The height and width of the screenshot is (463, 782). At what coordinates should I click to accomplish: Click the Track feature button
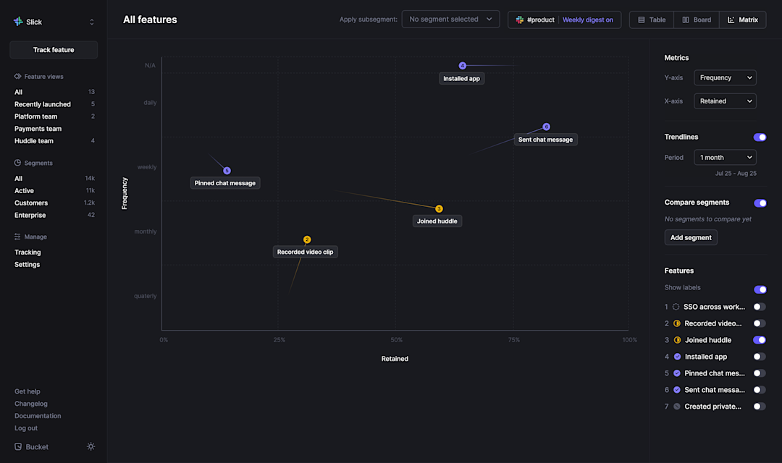pyautogui.click(x=54, y=50)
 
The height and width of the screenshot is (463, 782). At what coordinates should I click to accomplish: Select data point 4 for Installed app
pyautogui.click(x=462, y=66)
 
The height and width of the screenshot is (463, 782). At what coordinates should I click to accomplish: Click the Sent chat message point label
pyautogui.click(x=545, y=140)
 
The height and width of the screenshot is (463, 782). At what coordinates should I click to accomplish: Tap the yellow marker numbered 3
pyautogui.click(x=439, y=208)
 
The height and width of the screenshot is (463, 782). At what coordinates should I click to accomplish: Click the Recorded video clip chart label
pyautogui.click(x=306, y=252)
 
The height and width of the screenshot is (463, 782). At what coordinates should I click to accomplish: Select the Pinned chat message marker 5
pyautogui.click(x=227, y=171)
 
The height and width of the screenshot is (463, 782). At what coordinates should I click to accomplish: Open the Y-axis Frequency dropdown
pyautogui.click(x=725, y=77)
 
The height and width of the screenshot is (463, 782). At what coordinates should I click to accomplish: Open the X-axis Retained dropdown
pyautogui.click(x=725, y=101)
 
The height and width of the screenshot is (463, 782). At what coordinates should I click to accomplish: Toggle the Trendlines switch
pyautogui.click(x=760, y=137)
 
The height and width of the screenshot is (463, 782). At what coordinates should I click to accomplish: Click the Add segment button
pyautogui.click(x=691, y=237)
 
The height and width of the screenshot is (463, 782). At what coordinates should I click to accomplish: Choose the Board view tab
pyautogui.click(x=697, y=20)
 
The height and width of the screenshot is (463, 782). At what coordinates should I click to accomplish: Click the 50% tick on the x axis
pyautogui.click(x=396, y=340)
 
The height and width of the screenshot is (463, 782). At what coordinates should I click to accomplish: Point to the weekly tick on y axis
pyautogui.click(x=147, y=167)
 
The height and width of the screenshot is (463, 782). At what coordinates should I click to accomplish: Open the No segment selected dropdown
pyautogui.click(x=450, y=20)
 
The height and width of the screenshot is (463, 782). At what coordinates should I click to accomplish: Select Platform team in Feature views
pyautogui.click(x=36, y=116)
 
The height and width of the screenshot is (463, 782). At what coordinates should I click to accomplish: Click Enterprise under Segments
pyautogui.click(x=30, y=215)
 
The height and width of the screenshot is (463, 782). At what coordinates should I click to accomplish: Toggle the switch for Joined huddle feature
pyautogui.click(x=760, y=340)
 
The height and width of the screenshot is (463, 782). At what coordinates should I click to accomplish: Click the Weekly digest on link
pyautogui.click(x=587, y=20)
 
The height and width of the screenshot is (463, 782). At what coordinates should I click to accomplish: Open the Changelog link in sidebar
pyautogui.click(x=31, y=404)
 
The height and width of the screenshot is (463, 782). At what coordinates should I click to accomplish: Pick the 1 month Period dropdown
pyautogui.click(x=725, y=157)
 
